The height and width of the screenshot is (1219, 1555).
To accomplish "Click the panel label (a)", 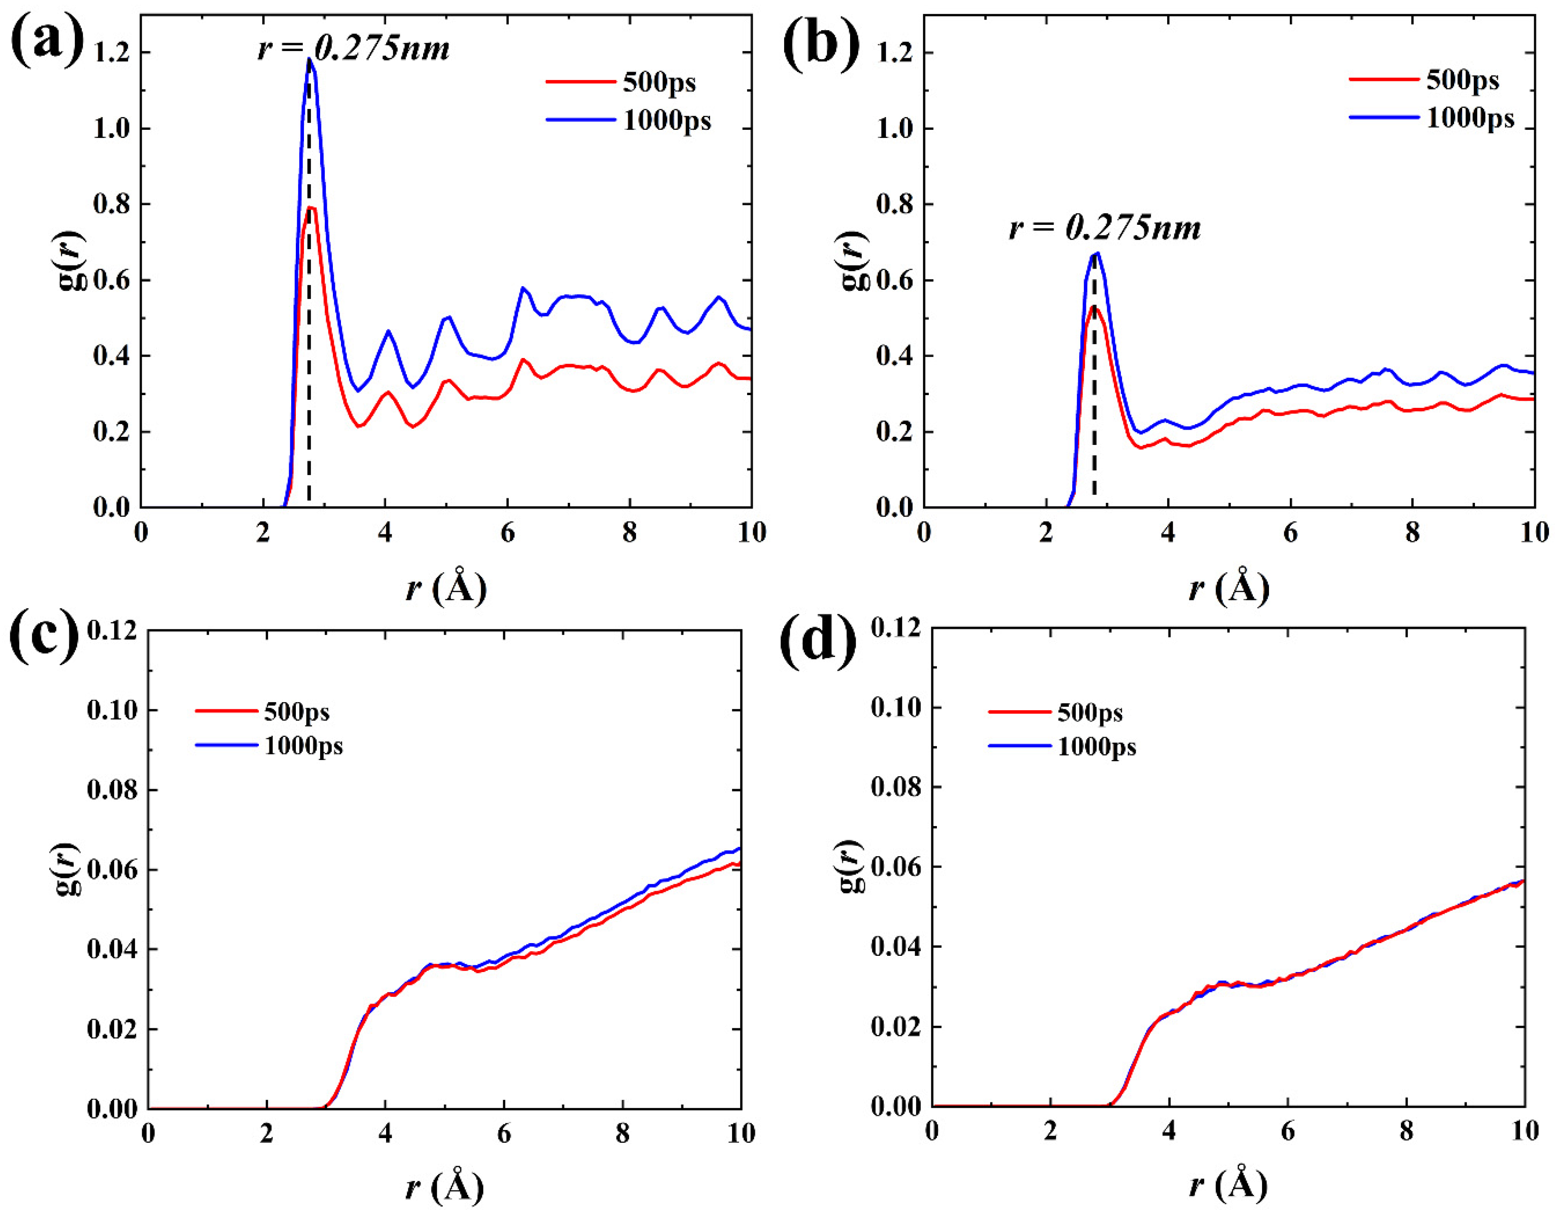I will [46, 41].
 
